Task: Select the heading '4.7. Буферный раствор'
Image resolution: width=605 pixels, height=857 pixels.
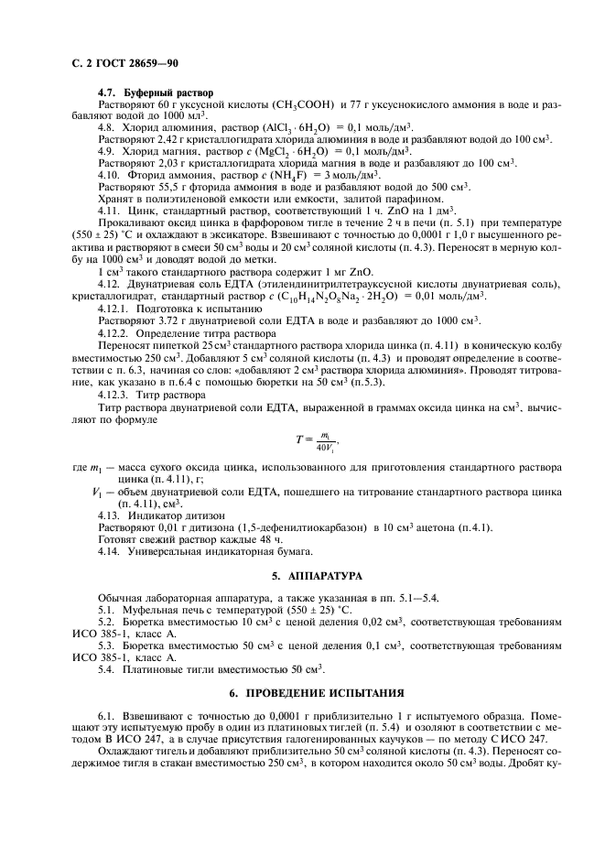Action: [x=155, y=92]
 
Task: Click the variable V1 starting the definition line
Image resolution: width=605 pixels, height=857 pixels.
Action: [x=98, y=493]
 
